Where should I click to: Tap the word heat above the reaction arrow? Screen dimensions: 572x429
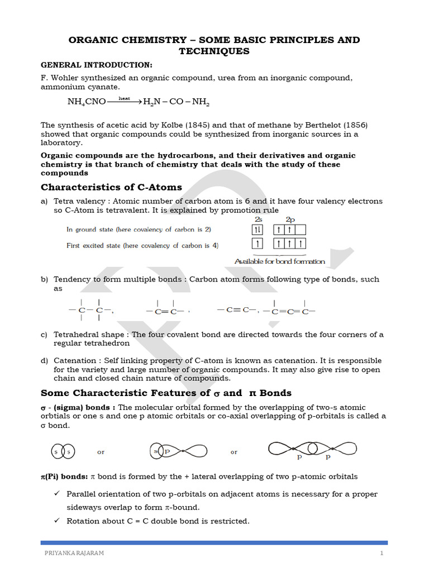point(124,98)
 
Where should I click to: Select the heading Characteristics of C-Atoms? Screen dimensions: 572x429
point(111,187)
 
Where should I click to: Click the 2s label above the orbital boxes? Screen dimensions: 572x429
point(258,219)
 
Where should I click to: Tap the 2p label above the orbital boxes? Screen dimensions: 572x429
point(290,219)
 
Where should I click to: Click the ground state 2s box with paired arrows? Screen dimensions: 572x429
point(258,230)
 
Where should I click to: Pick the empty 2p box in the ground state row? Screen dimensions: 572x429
point(301,230)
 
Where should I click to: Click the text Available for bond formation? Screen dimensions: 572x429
point(279,261)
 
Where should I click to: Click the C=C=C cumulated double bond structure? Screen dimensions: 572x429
point(289,311)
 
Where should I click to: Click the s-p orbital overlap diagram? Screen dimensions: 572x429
point(178,451)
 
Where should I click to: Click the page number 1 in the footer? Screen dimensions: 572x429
point(382,553)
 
